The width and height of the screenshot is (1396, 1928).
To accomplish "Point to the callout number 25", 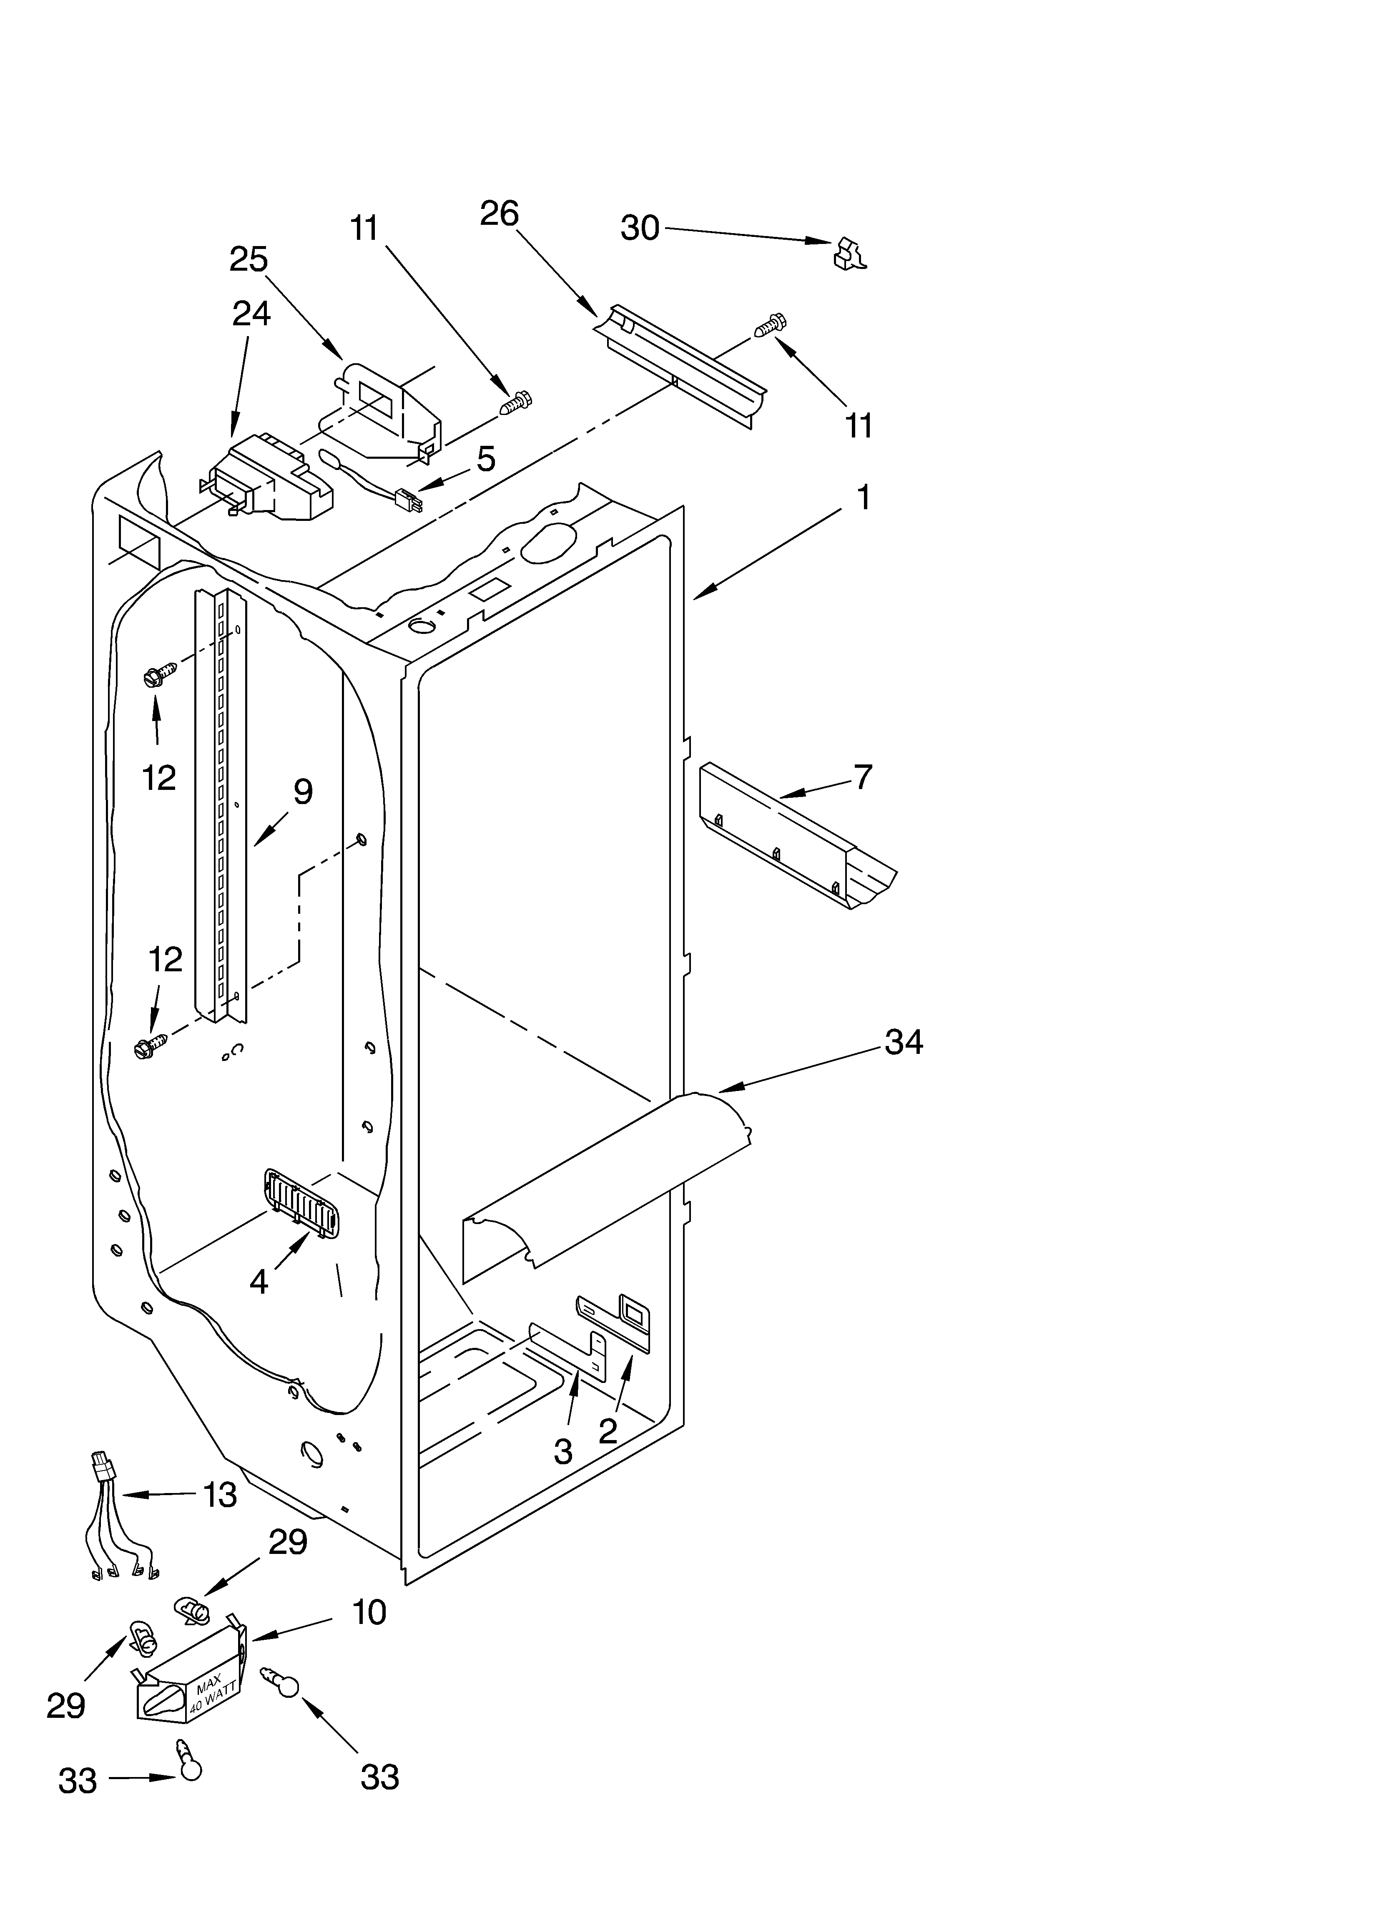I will [248, 259].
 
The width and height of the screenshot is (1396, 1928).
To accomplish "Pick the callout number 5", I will [485, 459].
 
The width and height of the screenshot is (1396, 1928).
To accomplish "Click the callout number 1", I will [863, 497].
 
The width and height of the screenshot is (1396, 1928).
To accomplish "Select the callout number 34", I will [904, 1042].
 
